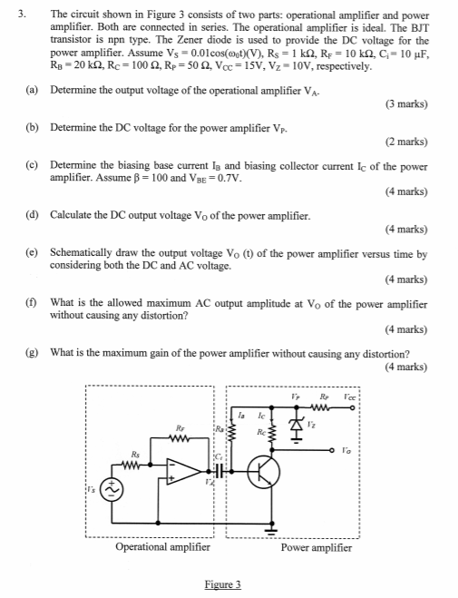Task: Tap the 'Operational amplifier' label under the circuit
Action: (163, 547)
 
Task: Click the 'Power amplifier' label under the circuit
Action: (317, 547)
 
